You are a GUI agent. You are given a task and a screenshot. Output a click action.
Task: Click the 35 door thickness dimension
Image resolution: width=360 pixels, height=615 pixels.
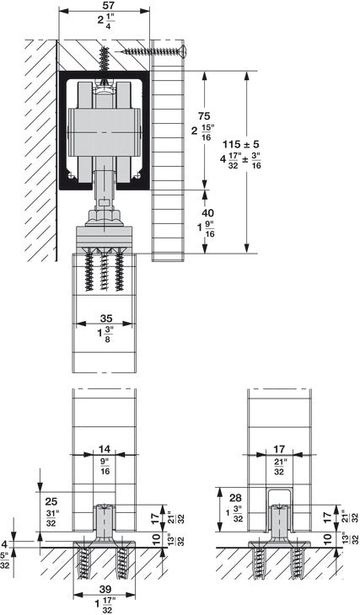(x=104, y=318)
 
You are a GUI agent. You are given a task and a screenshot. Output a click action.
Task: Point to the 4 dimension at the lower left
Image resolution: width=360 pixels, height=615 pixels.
(x=6, y=543)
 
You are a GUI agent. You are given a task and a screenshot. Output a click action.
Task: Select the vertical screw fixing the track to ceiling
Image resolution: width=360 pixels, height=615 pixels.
(x=105, y=63)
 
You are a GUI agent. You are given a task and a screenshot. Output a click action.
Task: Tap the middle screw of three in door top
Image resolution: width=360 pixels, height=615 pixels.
(x=104, y=272)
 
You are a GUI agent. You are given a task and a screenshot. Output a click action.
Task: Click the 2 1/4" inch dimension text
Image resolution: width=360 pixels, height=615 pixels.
(x=105, y=24)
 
